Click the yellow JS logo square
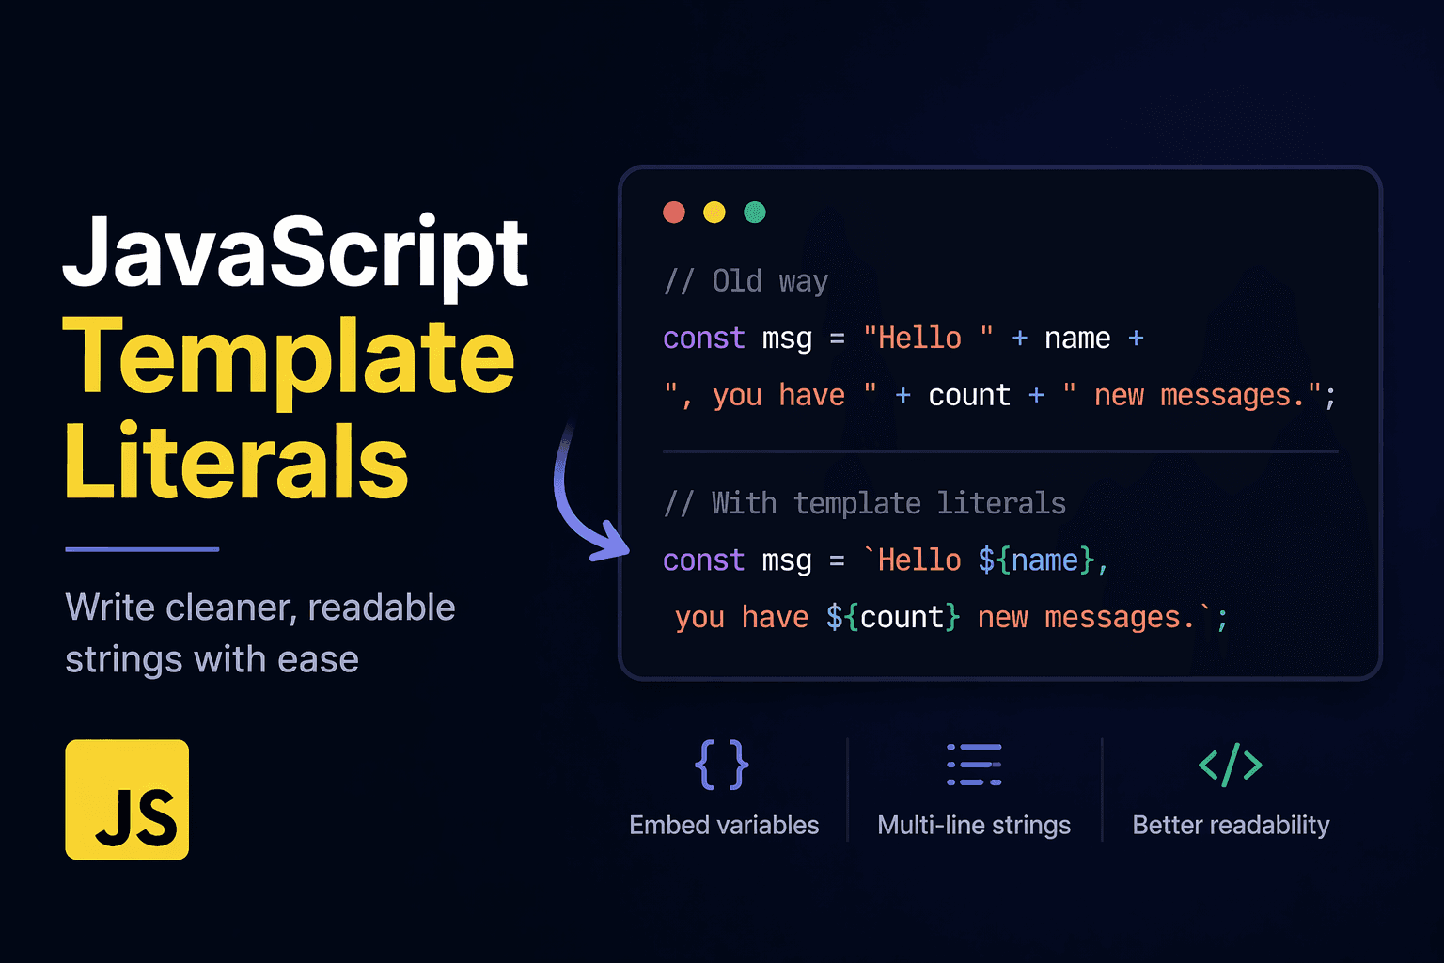click(127, 799)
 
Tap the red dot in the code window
click(674, 213)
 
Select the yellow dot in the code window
click(714, 213)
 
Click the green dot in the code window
click(755, 213)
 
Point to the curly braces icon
click(721, 765)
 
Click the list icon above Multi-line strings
click(974, 765)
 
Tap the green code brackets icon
click(1230, 765)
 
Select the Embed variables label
click(724, 825)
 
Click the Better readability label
click(1231, 825)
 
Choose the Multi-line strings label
click(974, 825)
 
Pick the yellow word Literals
click(237, 463)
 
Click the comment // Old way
click(746, 281)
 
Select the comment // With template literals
click(865, 503)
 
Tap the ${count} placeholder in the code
click(893, 618)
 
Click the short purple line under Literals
click(142, 549)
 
